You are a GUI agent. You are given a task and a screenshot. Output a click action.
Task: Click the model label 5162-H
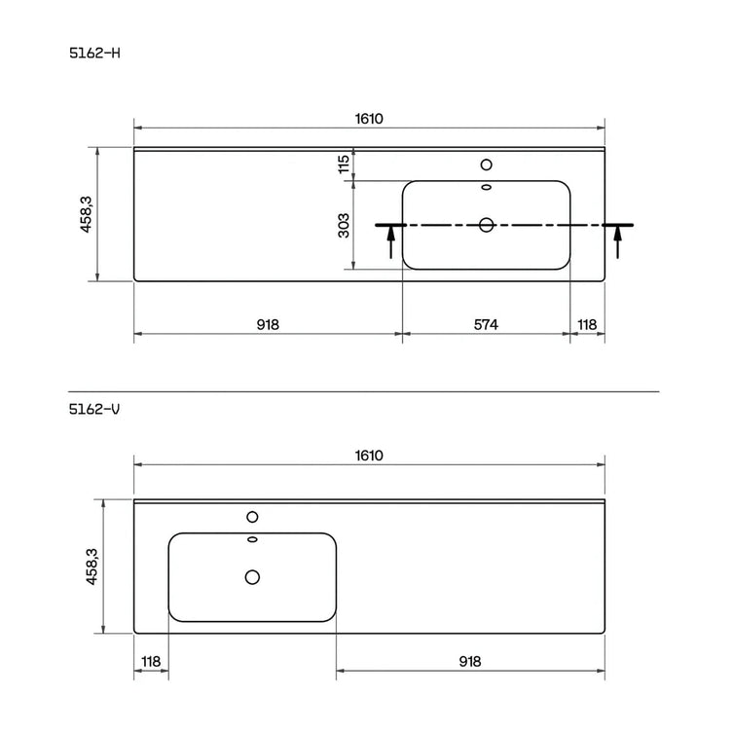point(94,54)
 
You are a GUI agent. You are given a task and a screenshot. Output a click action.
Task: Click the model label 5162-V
point(94,409)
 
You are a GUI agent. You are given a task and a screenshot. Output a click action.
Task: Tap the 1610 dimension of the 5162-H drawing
point(369,119)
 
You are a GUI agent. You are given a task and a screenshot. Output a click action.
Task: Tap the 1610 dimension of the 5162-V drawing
point(369,456)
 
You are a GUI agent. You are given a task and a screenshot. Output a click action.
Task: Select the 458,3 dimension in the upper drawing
point(87,214)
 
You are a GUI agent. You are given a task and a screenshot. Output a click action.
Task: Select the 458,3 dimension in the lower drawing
point(91,567)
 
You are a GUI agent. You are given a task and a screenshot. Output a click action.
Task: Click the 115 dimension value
point(344,165)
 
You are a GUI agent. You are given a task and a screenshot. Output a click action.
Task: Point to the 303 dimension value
point(344,226)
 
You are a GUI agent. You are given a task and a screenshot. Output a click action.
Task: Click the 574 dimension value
point(486,324)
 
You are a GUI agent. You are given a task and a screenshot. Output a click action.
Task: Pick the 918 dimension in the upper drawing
point(268,324)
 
